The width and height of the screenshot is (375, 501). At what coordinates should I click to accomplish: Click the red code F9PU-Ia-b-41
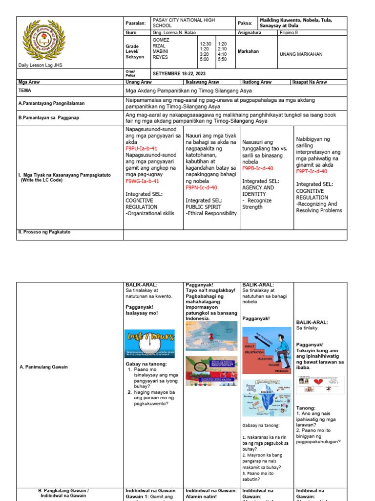click(x=141, y=148)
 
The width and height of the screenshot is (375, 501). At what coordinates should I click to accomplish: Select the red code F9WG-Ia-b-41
click(x=142, y=181)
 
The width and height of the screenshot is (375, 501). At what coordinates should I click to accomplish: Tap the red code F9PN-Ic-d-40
click(x=201, y=187)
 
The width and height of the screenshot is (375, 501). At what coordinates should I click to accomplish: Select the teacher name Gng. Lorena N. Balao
click(x=174, y=33)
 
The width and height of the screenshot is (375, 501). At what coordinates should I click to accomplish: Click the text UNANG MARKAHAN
click(x=301, y=54)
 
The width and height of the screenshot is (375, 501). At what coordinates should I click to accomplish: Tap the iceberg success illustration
click(x=267, y=397)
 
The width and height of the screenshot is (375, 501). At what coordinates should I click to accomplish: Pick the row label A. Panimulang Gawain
click(x=43, y=367)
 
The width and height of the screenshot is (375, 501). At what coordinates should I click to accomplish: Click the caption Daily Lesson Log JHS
click(x=40, y=65)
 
